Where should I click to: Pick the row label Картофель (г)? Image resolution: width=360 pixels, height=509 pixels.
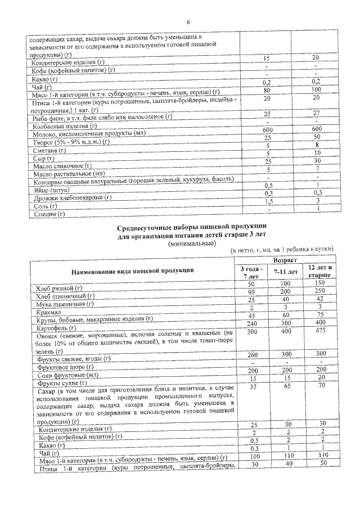[x=60, y=327]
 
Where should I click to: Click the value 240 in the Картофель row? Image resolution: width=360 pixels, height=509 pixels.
[x=251, y=325]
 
